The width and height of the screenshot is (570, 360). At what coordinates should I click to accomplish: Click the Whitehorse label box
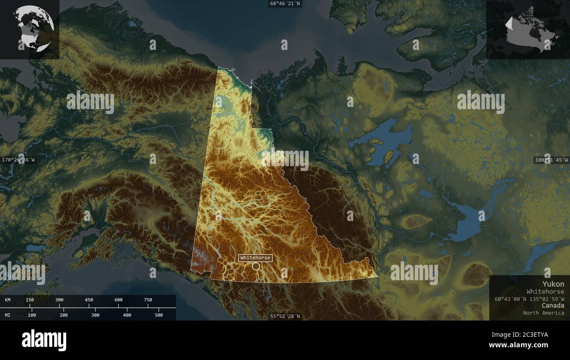pyautogui.click(x=255, y=258)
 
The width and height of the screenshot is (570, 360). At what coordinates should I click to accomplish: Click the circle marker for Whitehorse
pyautogui.click(x=256, y=266)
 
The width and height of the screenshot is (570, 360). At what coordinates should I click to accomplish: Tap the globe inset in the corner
pyautogui.click(x=33, y=29)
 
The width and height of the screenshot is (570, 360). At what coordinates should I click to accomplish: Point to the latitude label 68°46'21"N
pyautogui.click(x=285, y=4)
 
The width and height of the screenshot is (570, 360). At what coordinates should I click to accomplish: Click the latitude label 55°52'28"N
pyautogui.click(x=285, y=316)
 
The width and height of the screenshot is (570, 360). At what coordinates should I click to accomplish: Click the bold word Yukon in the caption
pyautogui.click(x=553, y=284)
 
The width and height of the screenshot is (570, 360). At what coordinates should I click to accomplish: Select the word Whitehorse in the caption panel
pyautogui.click(x=545, y=292)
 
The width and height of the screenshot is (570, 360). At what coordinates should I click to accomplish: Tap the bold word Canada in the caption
pyautogui.click(x=552, y=305)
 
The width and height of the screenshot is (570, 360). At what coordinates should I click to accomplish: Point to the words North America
pyautogui.click(x=543, y=313)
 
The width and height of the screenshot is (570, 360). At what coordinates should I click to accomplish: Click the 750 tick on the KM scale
pyautogui.click(x=148, y=300)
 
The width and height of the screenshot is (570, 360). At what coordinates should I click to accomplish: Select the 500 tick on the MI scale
pyautogui.click(x=159, y=315)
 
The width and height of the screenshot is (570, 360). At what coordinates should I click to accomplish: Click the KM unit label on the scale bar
pyautogui.click(x=8, y=300)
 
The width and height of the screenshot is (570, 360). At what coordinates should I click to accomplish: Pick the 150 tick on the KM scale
pyautogui.click(x=29, y=300)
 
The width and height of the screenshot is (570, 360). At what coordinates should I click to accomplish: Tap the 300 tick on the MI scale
pyautogui.click(x=95, y=315)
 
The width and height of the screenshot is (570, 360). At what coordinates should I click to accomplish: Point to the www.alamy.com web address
pyautogui.click(x=519, y=345)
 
